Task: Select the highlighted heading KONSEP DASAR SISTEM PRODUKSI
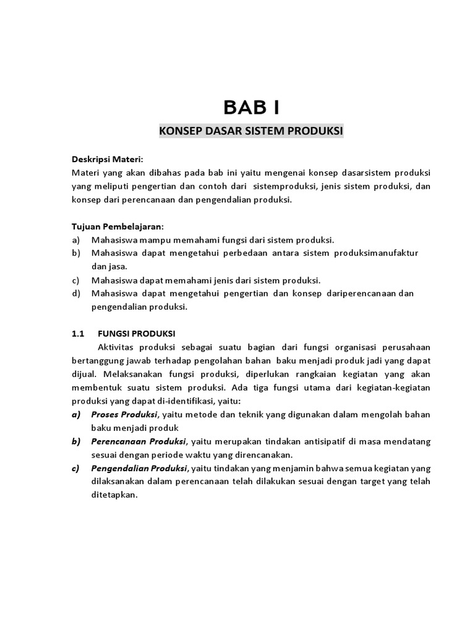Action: coord(251,131)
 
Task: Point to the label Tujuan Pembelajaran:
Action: coord(119,227)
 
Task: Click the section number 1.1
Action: coord(78,333)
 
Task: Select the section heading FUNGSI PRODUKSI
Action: coord(137,333)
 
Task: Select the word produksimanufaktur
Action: coord(377,253)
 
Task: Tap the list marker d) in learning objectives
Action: coord(77,293)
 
